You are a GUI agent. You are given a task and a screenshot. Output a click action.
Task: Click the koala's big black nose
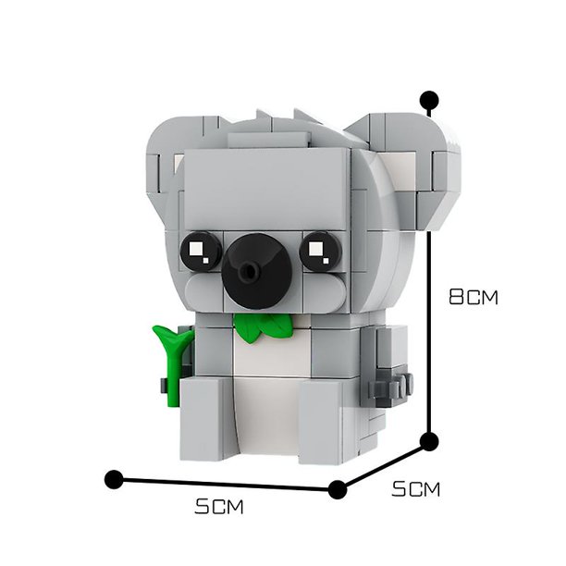[x=257, y=271]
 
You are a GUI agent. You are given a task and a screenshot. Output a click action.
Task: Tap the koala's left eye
[x=201, y=251]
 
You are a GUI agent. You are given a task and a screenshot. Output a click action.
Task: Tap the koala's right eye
[x=320, y=252]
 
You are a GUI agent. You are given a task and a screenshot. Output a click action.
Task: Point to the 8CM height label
[x=474, y=297]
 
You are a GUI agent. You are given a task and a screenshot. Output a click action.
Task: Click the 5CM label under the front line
[x=219, y=507]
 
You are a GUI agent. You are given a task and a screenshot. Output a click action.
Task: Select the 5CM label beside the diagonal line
[x=416, y=489]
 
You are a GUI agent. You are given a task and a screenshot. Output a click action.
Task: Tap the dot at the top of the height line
[x=429, y=99]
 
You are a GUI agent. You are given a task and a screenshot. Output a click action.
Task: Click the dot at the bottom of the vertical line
[x=429, y=441]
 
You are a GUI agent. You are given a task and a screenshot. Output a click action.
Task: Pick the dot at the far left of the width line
[x=114, y=479]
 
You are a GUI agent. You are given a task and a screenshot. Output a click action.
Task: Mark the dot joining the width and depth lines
[x=338, y=490]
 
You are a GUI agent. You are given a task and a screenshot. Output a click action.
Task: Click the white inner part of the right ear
[x=399, y=172]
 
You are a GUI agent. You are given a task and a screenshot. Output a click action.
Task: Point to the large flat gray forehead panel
[x=267, y=189]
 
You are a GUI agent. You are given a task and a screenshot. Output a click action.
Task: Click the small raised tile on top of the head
[x=269, y=140]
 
